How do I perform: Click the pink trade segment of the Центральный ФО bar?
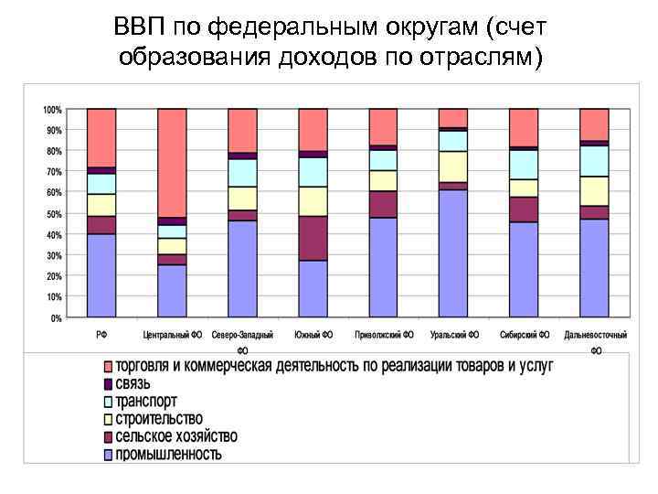coord(172,163)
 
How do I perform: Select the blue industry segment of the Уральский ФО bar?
coord(453,252)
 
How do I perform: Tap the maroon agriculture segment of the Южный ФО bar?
coord(313,238)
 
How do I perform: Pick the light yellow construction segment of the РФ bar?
coord(101,205)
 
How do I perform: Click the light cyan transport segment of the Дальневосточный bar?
coord(594,161)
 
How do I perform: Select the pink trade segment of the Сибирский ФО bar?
coord(524,127)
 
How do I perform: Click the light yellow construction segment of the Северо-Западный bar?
coord(242,198)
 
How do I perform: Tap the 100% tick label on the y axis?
coord(52,110)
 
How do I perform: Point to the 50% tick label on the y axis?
coord(54,214)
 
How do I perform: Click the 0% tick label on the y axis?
coord(56,318)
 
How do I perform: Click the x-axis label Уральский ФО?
coord(453,335)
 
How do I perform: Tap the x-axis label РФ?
coord(102,335)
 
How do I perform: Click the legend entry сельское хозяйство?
coord(175,435)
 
